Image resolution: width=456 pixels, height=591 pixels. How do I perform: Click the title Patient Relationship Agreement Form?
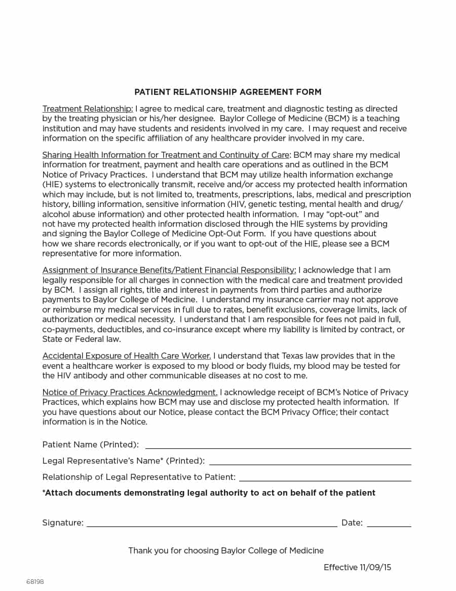[227, 92]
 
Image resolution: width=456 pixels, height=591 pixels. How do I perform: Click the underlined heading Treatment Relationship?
[88, 109]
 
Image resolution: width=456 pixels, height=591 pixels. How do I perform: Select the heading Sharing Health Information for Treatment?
[166, 155]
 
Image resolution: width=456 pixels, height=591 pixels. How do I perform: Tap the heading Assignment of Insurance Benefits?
[169, 270]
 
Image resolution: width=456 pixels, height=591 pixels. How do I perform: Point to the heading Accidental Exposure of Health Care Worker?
[126, 356]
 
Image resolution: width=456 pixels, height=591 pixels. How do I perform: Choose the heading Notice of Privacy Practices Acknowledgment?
[130, 392]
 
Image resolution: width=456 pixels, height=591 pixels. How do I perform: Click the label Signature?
[63, 523]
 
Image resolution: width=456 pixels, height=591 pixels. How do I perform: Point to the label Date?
[352, 523]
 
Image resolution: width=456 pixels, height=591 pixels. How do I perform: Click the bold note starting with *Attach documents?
[209, 493]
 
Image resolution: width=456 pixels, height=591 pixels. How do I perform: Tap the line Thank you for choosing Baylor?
[225, 550]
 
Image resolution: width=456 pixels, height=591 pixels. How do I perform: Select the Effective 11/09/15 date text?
[357, 567]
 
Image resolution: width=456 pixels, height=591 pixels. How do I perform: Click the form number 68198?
[35, 581]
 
